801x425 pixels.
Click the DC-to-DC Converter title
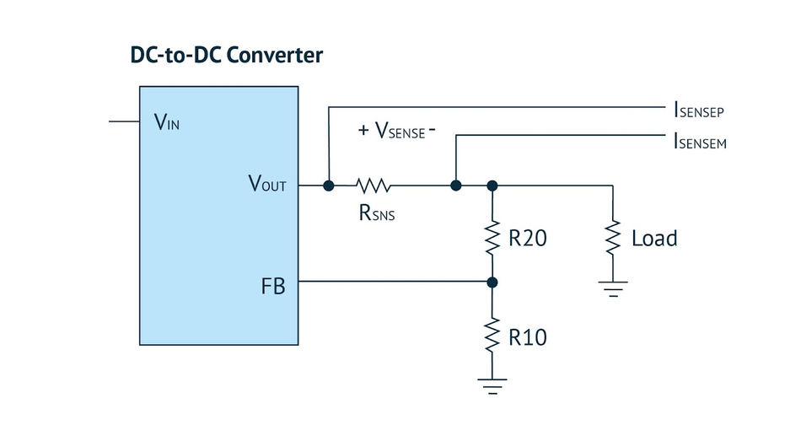point(226,55)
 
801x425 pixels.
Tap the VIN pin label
point(167,122)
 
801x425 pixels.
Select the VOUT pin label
point(267,183)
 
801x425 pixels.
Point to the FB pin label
point(273,286)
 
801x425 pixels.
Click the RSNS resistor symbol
point(374,186)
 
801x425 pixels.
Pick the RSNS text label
point(377,213)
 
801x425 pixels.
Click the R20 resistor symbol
point(492,238)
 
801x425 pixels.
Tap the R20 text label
point(528,238)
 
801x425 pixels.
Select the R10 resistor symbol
point(492,334)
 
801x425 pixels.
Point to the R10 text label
point(528,337)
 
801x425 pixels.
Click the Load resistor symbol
point(612,238)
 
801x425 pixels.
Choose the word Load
point(654,239)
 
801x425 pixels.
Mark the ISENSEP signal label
point(699,110)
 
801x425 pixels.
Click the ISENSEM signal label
point(700,141)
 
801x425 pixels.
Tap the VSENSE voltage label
point(397,131)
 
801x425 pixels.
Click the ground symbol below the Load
point(613,288)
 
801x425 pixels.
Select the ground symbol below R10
point(492,386)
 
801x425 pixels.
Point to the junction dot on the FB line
point(492,282)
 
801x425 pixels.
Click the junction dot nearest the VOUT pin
point(329,186)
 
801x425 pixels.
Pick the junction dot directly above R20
point(492,186)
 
